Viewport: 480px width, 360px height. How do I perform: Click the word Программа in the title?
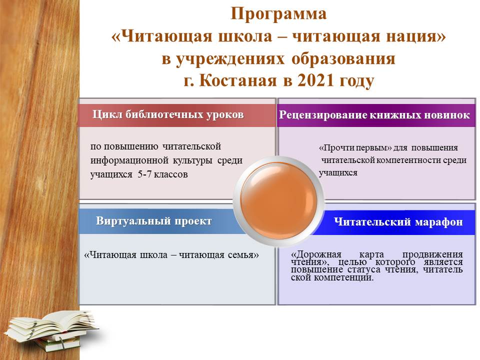(x=278, y=14)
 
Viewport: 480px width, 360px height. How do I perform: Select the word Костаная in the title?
(x=238, y=80)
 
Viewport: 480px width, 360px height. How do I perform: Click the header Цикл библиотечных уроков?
(x=168, y=114)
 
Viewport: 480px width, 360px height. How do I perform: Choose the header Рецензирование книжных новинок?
(x=374, y=115)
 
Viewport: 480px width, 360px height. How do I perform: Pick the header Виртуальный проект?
(x=153, y=220)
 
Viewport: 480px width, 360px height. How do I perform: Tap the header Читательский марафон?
(x=398, y=221)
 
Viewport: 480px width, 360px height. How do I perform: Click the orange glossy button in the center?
(x=278, y=201)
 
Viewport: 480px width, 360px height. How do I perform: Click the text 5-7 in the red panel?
(x=144, y=174)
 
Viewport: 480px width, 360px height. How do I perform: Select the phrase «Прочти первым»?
(x=355, y=148)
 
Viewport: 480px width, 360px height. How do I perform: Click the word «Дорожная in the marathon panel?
(x=315, y=254)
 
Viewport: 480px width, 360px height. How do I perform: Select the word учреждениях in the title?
(x=231, y=59)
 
